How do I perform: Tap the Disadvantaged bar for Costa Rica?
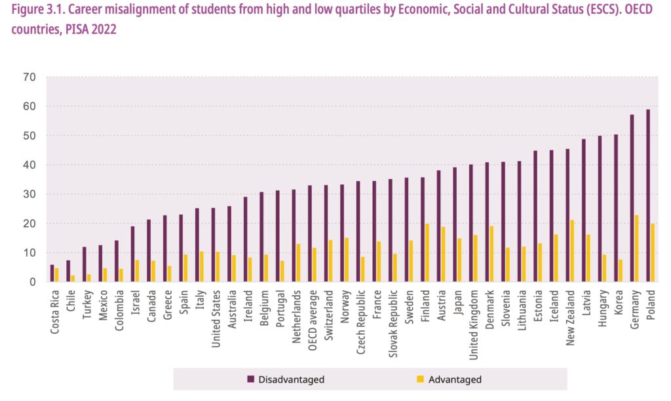pyautogui.click(x=52, y=273)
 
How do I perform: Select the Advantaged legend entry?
pyautogui.click(x=450, y=379)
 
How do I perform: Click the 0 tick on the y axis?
pyautogui.click(x=31, y=282)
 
